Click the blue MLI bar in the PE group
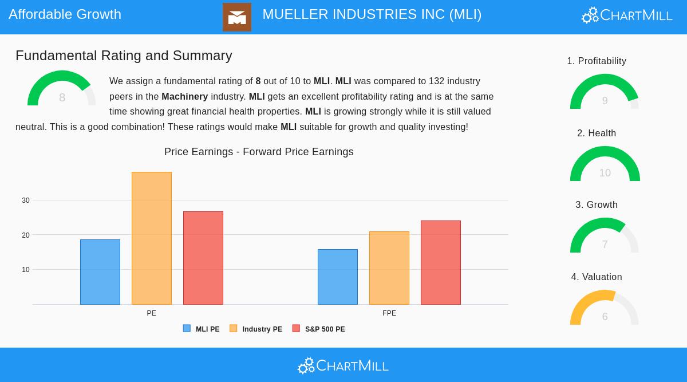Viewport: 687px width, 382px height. (100, 272)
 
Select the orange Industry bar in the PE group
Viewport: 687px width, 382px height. (152, 238)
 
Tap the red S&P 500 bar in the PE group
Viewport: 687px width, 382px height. (203, 258)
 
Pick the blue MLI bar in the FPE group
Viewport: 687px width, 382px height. (338, 277)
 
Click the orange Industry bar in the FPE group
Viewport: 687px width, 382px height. (389, 268)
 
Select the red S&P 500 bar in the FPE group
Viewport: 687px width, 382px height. (441, 262)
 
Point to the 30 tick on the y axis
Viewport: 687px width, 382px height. (26, 200)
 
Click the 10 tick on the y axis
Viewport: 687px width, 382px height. (26, 270)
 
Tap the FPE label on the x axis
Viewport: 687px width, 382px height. (389, 313)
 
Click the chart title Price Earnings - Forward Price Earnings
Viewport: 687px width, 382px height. (259, 152)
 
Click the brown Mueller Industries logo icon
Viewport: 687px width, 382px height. (237, 17)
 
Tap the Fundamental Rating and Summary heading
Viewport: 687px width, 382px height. (124, 56)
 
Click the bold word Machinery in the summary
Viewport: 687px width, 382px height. (184, 97)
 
